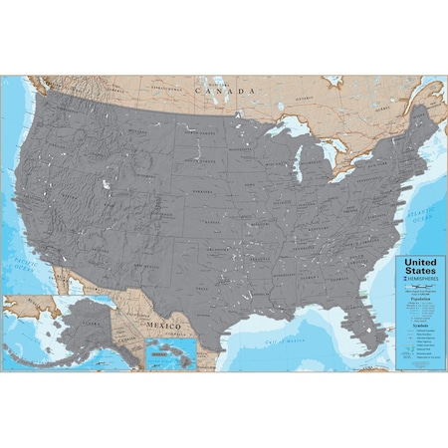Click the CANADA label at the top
[225, 89]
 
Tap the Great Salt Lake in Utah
[106, 184]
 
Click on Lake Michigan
[298, 164]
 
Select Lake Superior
[284, 131]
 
